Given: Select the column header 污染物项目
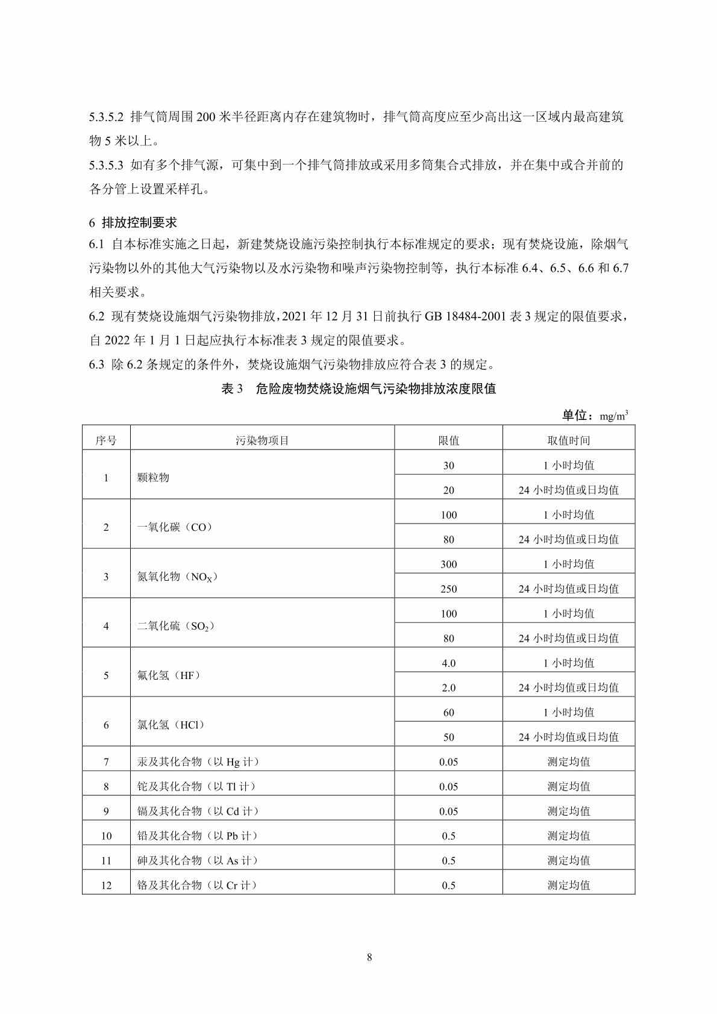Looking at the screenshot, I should [x=262, y=440].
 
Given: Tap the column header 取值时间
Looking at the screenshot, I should [x=568, y=440].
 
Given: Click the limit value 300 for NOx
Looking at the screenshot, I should [x=448, y=565].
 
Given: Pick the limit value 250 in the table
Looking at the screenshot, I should [x=448, y=589].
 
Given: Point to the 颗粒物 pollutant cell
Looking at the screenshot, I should [x=153, y=478].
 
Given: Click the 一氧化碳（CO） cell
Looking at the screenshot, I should [x=175, y=527].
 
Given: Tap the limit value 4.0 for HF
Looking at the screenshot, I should [x=448, y=663].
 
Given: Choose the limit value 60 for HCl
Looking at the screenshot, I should [x=448, y=713].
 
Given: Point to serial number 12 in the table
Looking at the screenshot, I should [x=106, y=886].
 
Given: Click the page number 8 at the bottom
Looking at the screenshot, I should [x=369, y=957].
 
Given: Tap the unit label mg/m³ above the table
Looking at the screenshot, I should [x=614, y=416].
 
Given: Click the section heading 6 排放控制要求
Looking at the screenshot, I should [x=133, y=222].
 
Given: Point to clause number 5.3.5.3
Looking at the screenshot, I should [x=107, y=165].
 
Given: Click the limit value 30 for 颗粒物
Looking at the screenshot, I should [x=448, y=466].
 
